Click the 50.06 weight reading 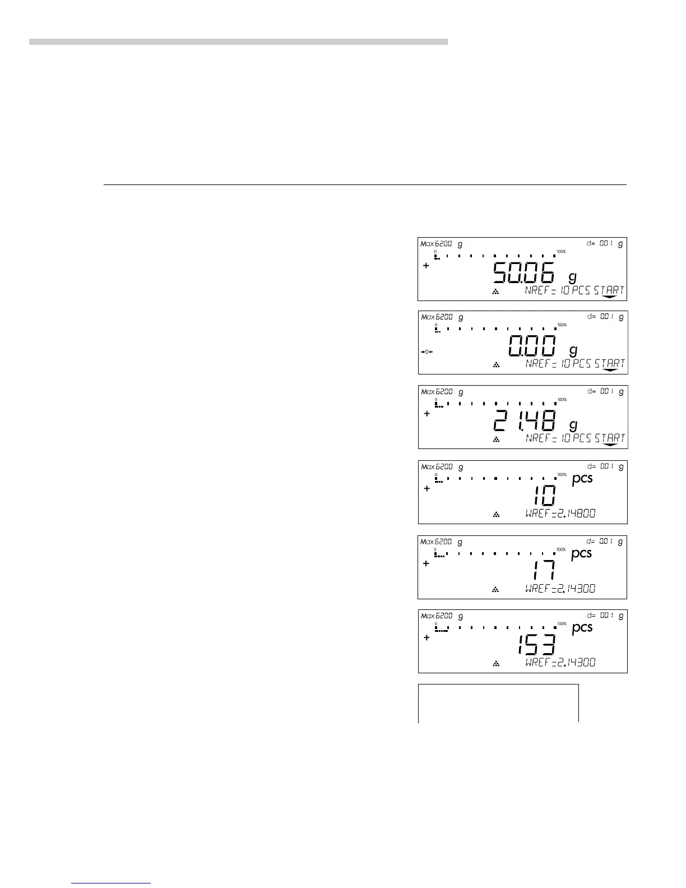click(x=523, y=274)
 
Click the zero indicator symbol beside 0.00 click(x=427, y=351)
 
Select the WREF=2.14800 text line click(x=560, y=513)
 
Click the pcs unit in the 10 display click(x=582, y=479)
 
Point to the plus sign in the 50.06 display click(x=426, y=266)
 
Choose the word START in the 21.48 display click(x=610, y=438)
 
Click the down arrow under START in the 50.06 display click(x=609, y=297)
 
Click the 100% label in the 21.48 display click(x=562, y=400)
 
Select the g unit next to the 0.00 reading click(x=573, y=350)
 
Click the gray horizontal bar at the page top click(x=238, y=41)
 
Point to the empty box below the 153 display click(x=498, y=703)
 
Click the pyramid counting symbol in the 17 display click(x=495, y=589)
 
